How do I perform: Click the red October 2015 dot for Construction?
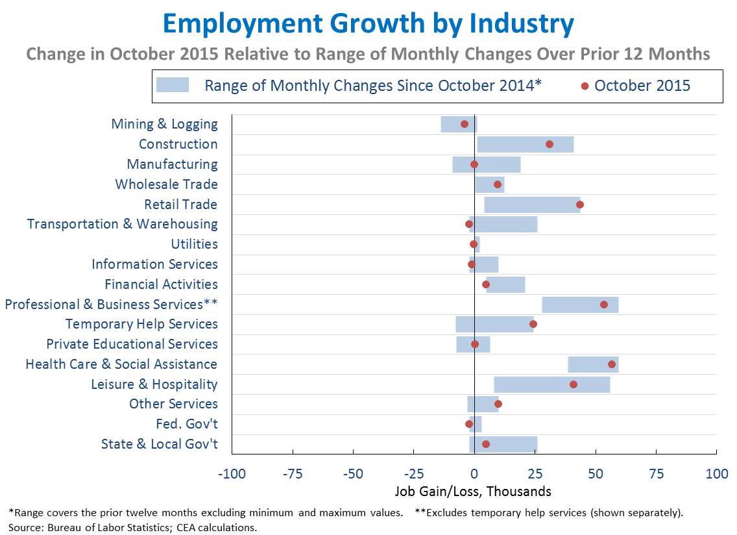550,144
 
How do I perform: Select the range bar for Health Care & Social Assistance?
593,364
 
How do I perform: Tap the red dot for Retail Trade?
580,205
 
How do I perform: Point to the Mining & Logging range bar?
459,124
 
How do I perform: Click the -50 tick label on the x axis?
353,474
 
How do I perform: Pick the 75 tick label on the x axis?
656,474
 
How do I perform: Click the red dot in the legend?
585,86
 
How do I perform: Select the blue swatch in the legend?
172,85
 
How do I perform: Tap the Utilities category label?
195,244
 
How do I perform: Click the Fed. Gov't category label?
187,424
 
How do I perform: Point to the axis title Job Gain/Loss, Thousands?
472,491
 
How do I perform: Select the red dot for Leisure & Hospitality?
574,384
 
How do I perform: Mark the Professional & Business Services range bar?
580,305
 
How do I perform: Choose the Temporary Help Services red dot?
533,324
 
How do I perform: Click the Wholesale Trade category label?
167,184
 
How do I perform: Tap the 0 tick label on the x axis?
474,474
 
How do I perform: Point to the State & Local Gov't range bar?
503,444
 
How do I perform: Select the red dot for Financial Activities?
486,284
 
